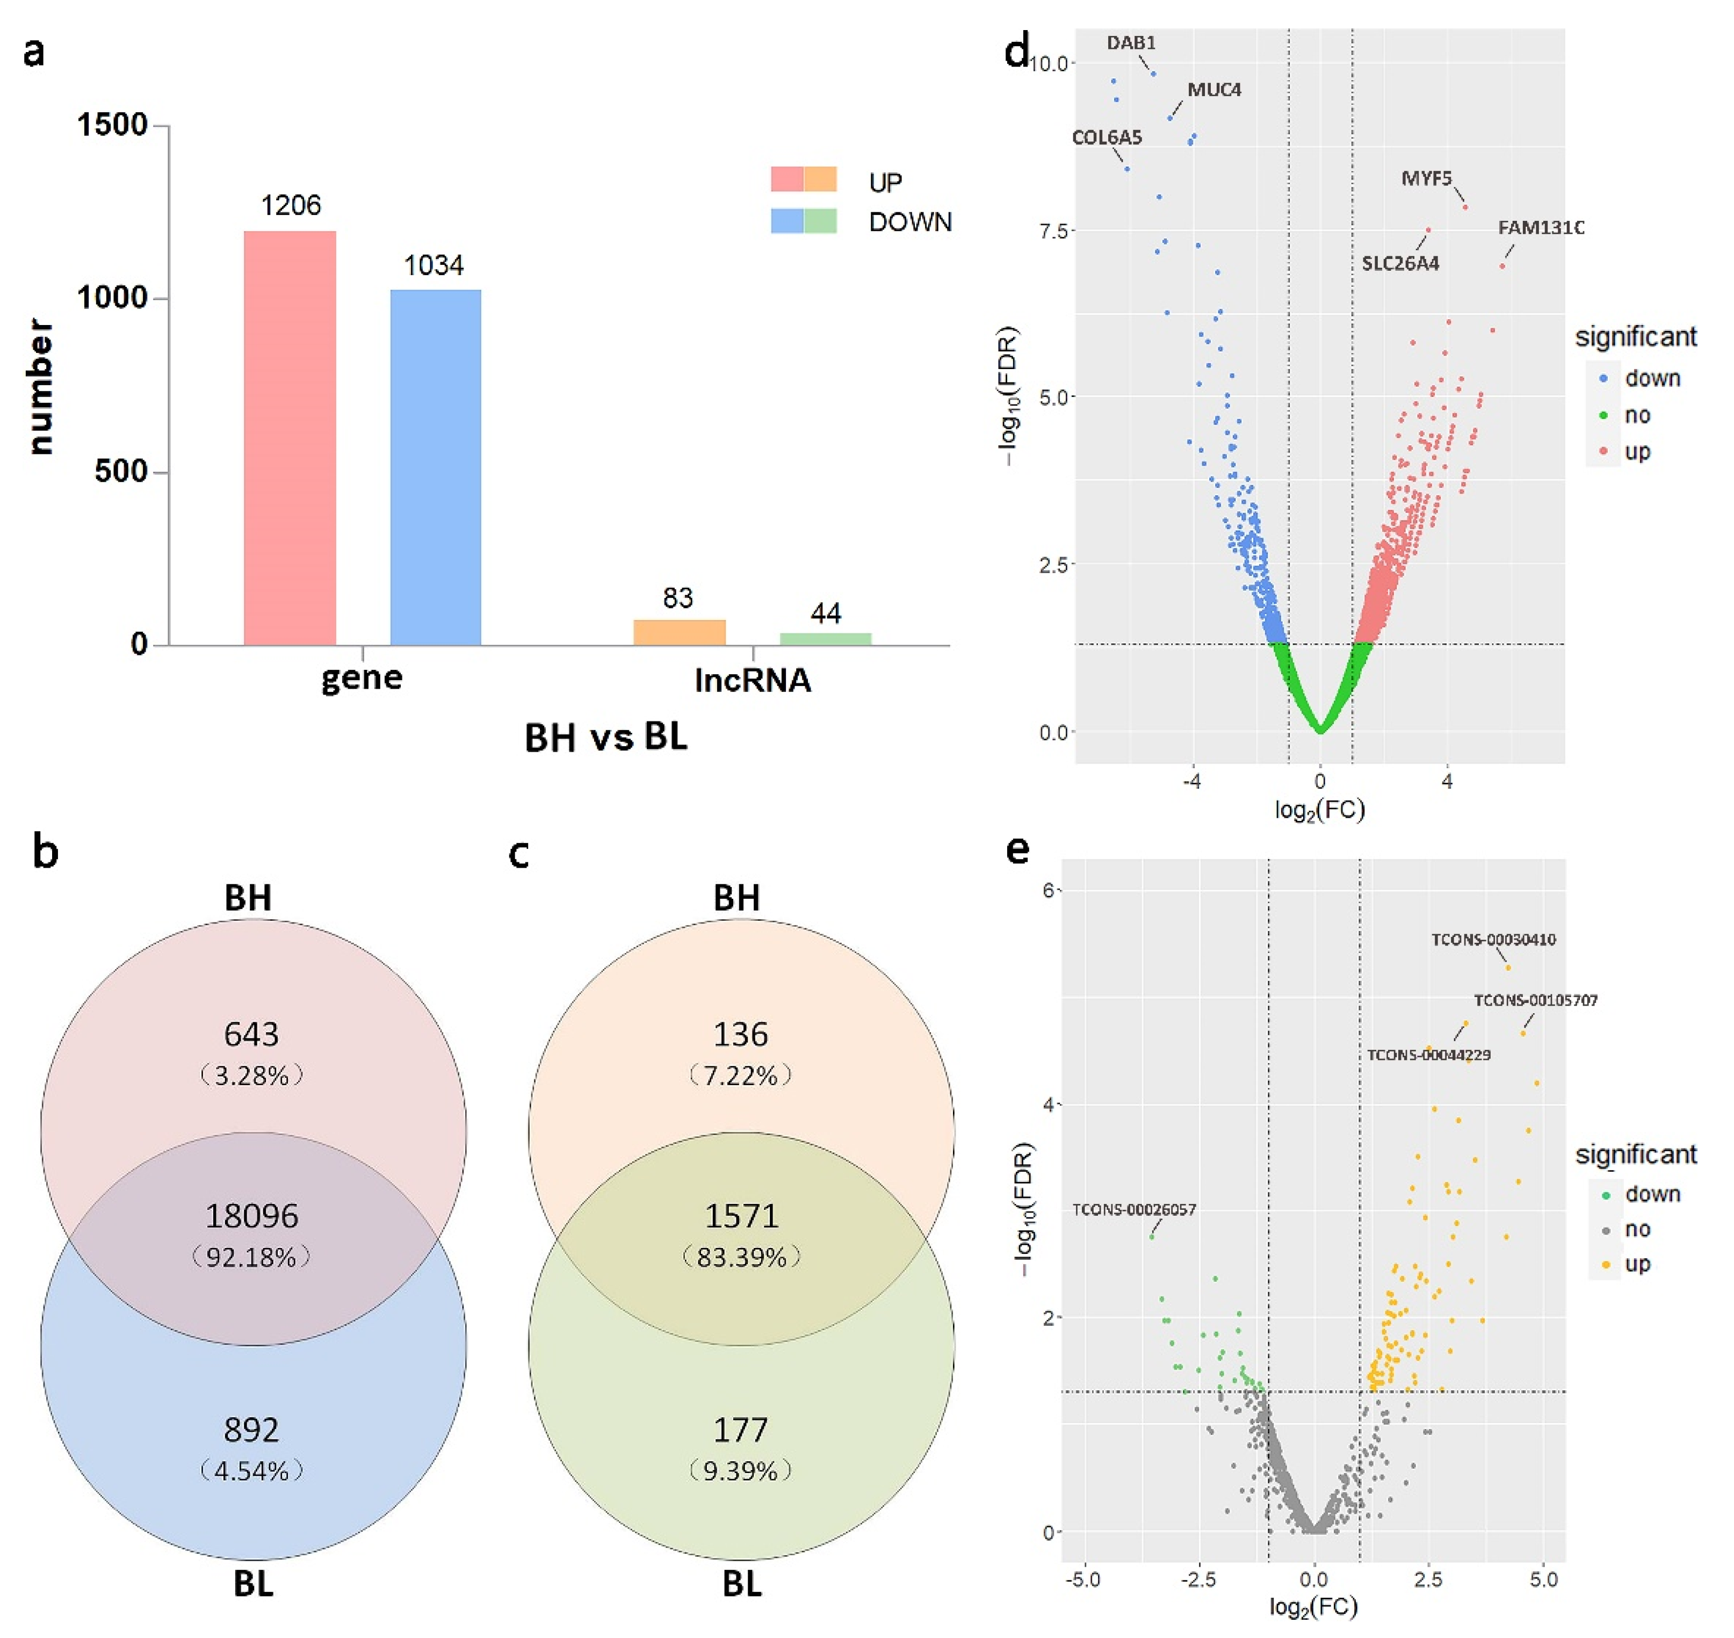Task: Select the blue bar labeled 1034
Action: [435, 467]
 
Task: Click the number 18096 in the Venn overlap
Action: [251, 1215]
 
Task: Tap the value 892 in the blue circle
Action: [251, 1430]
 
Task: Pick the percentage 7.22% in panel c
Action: [740, 1075]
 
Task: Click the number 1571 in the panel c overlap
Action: [740, 1215]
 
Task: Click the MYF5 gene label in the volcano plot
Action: [1426, 178]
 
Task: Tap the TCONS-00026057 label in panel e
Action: [1133, 1209]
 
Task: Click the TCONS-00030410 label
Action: [1493, 940]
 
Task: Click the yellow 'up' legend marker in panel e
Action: [1605, 1264]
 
